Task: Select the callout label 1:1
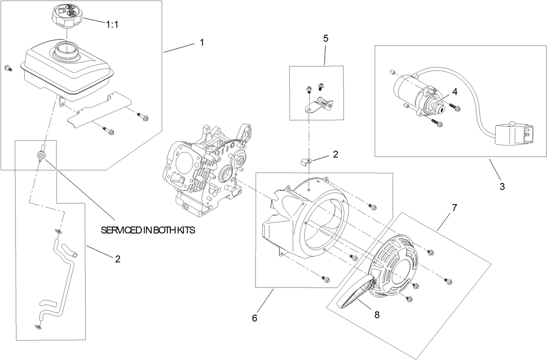tap(112, 25)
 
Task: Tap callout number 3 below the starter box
tap(502, 187)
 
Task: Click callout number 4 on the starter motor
tap(454, 92)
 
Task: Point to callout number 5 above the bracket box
tap(326, 38)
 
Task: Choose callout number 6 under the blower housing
tap(254, 318)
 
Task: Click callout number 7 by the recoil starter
tap(454, 207)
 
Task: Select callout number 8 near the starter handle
tap(377, 315)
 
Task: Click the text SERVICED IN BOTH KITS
tap(148, 231)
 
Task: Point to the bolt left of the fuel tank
tap(8, 67)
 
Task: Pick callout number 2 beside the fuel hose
tap(117, 259)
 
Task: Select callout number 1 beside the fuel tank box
tap(202, 42)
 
